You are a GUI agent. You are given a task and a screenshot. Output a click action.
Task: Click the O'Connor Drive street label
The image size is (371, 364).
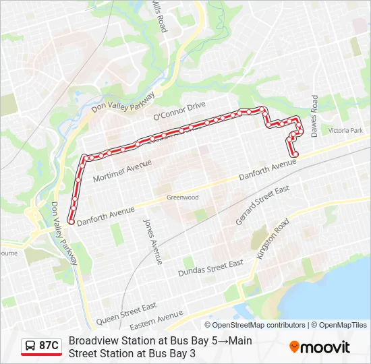pyautogui.click(x=179, y=111)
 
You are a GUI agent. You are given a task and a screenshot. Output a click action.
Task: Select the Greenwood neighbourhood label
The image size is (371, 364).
pyautogui.click(x=183, y=198)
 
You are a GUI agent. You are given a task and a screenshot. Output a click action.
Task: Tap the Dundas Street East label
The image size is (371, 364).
pyautogui.click(x=210, y=268)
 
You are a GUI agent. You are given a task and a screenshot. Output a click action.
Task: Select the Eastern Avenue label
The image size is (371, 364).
pyautogui.click(x=158, y=319)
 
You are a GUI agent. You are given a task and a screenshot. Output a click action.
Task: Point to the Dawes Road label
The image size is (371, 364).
pyautogui.click(x=314, y=112)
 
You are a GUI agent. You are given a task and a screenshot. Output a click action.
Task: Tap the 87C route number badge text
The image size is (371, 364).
pyautogui.click(x=49, y=346)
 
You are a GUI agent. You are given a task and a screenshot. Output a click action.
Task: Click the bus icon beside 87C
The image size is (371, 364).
pyautogui.click(x=30, y=346)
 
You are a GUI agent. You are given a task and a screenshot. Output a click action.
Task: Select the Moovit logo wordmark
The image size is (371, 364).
pyautogui.click(x=326, y=347)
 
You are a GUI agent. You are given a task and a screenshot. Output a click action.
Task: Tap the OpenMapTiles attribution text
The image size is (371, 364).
pyautogui.click(x=342, y=325)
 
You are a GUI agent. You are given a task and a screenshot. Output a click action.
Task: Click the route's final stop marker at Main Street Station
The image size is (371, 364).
pyautogui.click(x=295, y=154)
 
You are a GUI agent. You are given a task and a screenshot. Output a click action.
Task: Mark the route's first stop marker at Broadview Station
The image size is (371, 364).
pyautogui.click(x=71, y=216)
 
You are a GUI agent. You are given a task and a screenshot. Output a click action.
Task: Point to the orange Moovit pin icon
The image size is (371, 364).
pyautogui.click(x=294, y=346)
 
